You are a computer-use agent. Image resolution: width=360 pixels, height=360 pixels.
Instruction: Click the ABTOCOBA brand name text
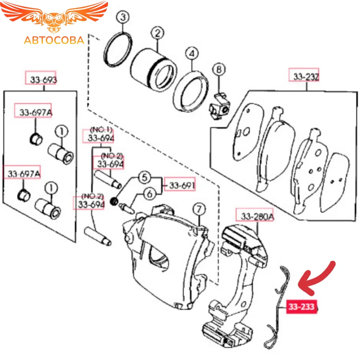pos(54,40)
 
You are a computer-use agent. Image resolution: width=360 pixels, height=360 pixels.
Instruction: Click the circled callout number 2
pos(157,34)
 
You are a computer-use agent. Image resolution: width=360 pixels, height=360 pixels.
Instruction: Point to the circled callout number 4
pos(192,54)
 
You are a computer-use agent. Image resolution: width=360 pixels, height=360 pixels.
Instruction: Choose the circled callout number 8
pos(219,68)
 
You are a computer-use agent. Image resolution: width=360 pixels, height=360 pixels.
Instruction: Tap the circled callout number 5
pos(145,177)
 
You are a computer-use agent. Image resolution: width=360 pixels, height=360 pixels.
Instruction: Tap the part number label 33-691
pos(180,185)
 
